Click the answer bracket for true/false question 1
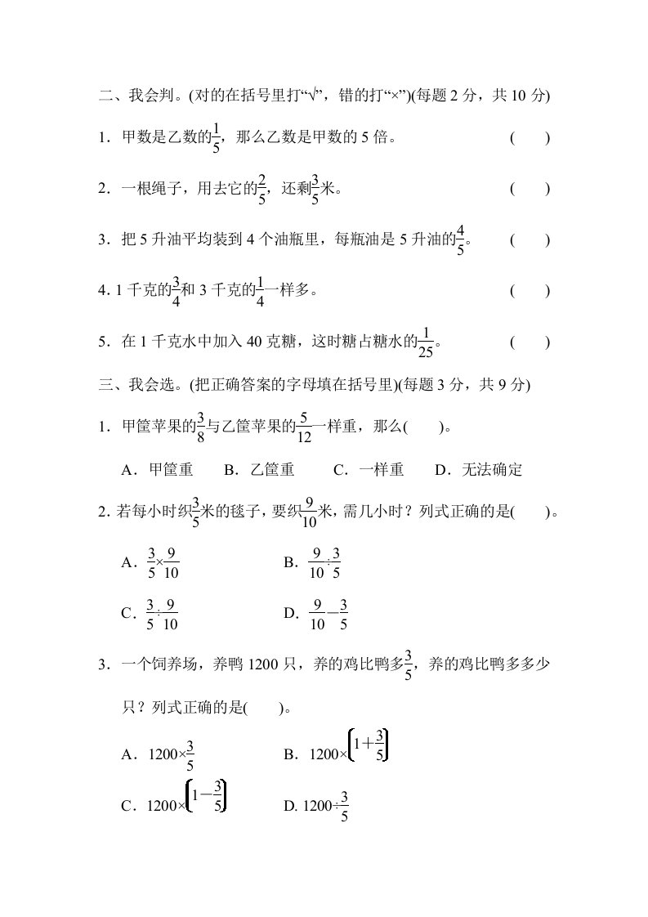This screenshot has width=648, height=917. pyautogui.click(x=530, y=138)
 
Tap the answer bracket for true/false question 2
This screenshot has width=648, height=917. pyautogui.click(x=530, y=189)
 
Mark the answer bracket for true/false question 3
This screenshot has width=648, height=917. pyautogui.click(x=530, y=240)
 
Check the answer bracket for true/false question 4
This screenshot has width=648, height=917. pyautogui.click(x=530, y=291)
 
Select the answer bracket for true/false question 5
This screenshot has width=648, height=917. pyautogui.click(x=530, y=342)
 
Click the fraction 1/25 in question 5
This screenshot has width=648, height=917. pyautogui.click(x=427, y=343)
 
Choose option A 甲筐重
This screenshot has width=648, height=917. pyautogui.click(x=157, y=470)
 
